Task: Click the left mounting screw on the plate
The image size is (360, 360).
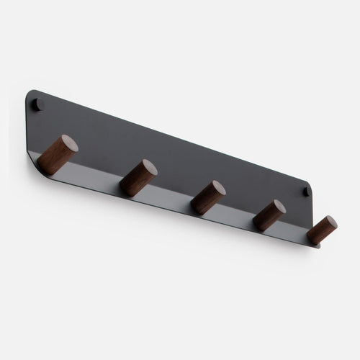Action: (x=39, y=105)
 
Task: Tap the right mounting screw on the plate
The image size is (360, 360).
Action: (x=306, y=192)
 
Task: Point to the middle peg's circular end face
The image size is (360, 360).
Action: (x=217, y=190)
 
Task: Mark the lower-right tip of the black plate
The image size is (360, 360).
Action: (x=317, y=246)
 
